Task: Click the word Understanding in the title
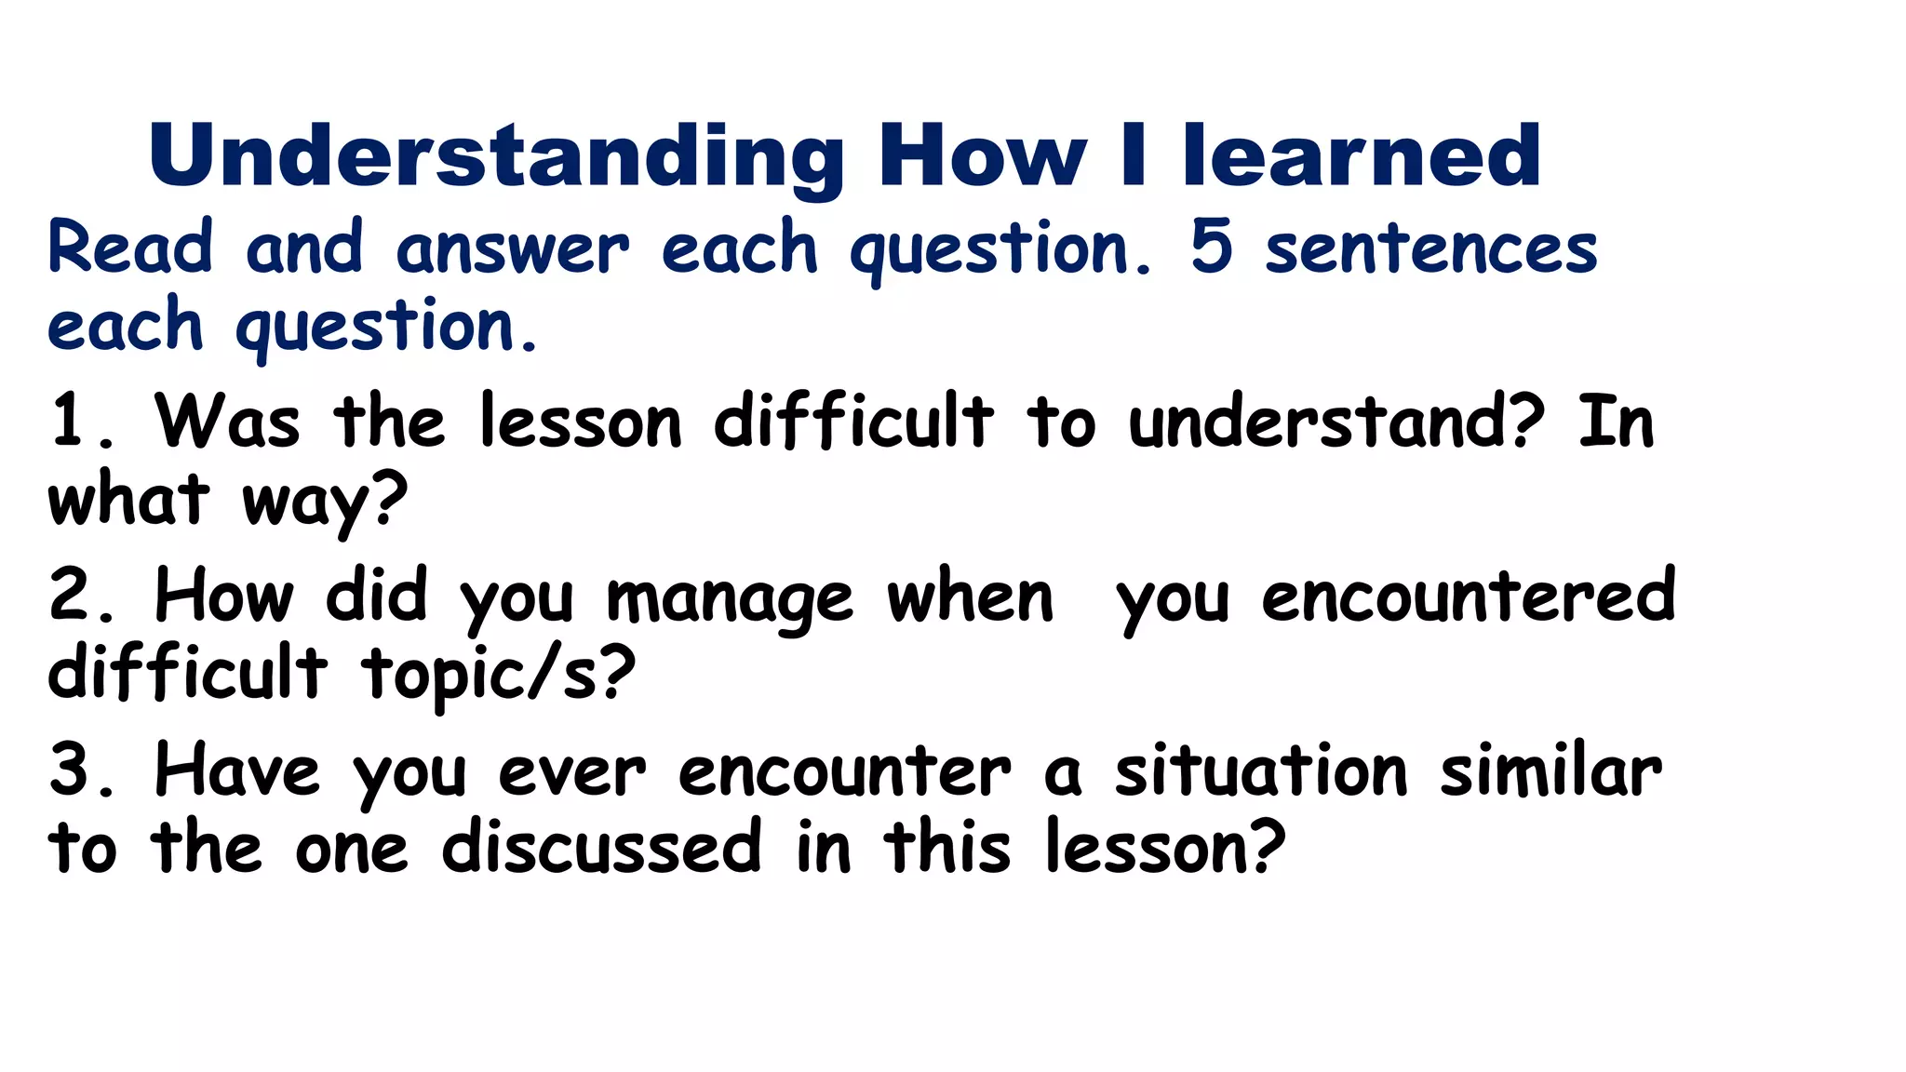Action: (495, 156)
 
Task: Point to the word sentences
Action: (1430, 249)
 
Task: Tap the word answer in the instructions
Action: (512, 249)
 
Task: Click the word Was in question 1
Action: (227, 422)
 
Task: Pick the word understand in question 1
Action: (1336, 422)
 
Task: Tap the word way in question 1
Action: (324, 502)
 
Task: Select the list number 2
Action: (78, 596)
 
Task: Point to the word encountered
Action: (1468, 596)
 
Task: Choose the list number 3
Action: (78, 770)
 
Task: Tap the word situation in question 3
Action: (1261, 770)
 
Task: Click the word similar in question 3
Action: (1550, 770)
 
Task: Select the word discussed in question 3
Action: (601, 847)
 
